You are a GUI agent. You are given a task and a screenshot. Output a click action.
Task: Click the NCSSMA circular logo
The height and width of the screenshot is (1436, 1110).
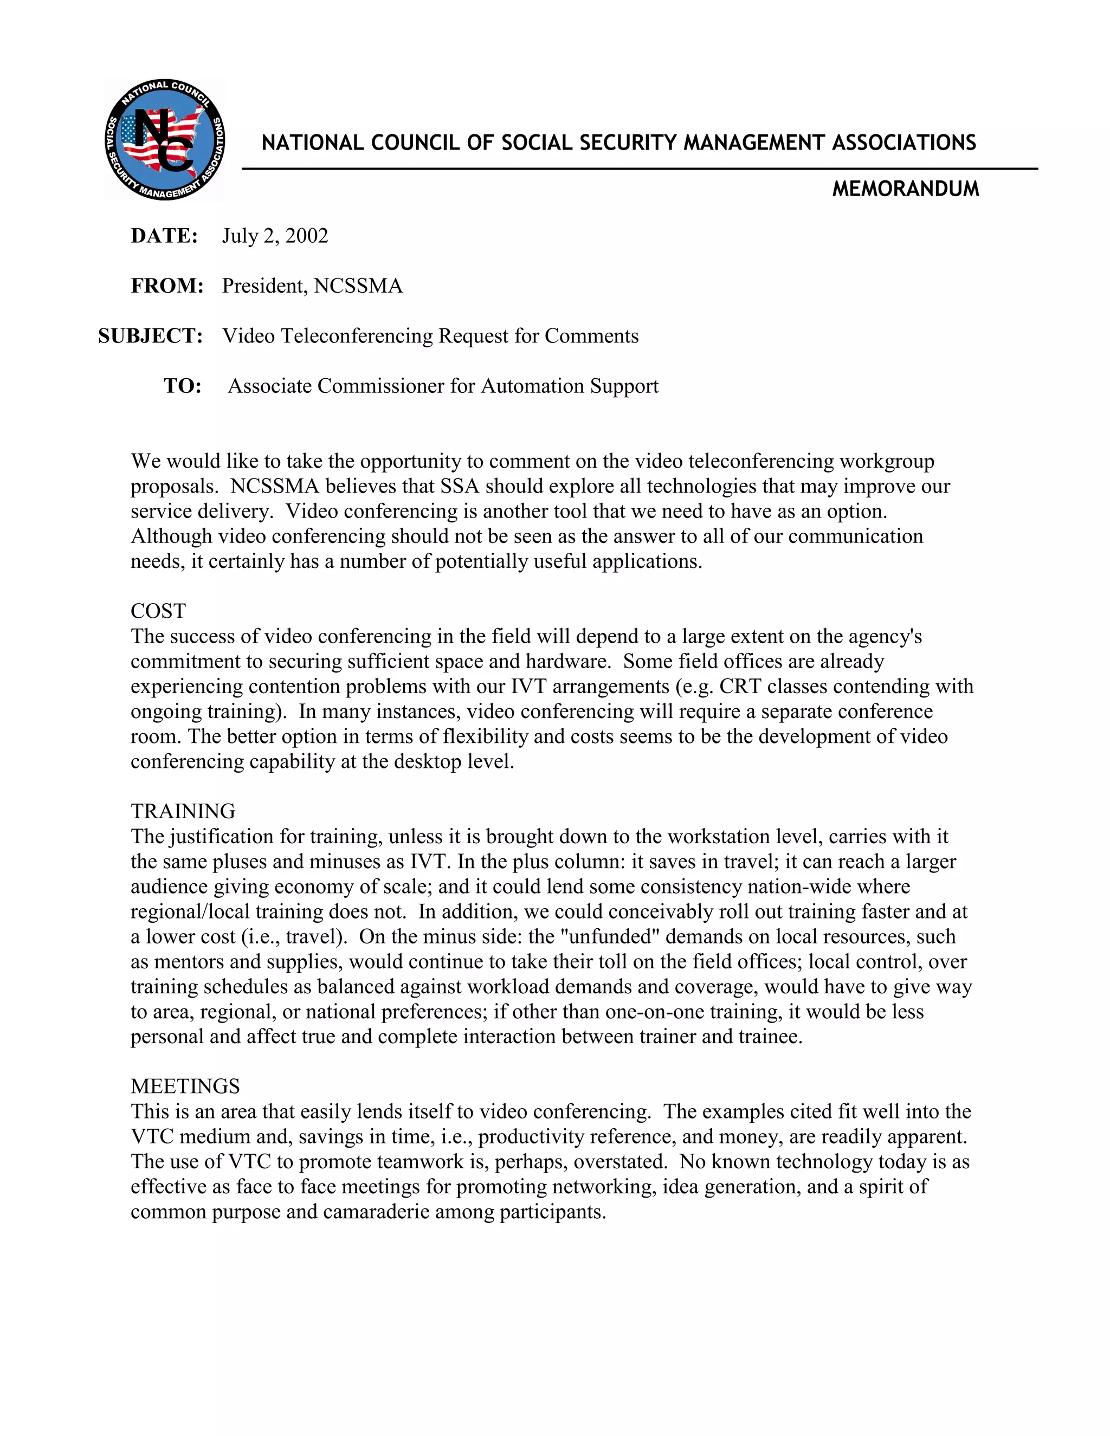164,139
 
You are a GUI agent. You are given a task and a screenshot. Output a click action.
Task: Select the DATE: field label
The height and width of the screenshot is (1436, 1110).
164,236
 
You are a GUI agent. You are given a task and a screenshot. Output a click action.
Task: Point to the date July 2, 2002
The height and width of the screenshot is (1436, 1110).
275,236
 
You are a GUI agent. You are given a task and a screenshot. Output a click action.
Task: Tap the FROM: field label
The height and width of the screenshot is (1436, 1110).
167,286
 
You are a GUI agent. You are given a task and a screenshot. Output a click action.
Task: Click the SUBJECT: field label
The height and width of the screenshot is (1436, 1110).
151,336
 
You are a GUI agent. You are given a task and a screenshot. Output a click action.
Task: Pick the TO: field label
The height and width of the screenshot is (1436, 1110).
182,386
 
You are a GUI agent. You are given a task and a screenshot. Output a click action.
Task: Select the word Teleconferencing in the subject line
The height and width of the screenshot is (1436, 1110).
357,336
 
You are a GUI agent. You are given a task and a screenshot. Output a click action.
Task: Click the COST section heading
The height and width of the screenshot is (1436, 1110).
158,611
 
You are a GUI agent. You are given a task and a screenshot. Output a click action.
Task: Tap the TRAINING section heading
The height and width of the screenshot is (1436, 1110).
183,811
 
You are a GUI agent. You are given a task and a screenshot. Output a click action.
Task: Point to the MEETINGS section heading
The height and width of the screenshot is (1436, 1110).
185,1086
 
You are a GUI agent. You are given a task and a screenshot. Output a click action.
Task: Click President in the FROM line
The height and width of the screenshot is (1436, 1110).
264,286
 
